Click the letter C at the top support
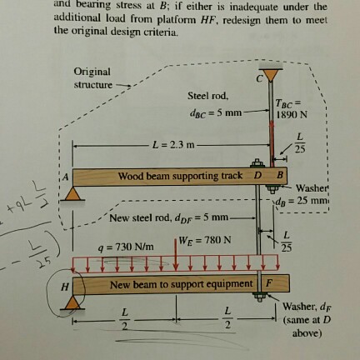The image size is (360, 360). (259, 77)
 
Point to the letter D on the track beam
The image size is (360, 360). (257, 176)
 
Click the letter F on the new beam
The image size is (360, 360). (268, 284)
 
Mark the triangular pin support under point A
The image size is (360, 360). (76, 192)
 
